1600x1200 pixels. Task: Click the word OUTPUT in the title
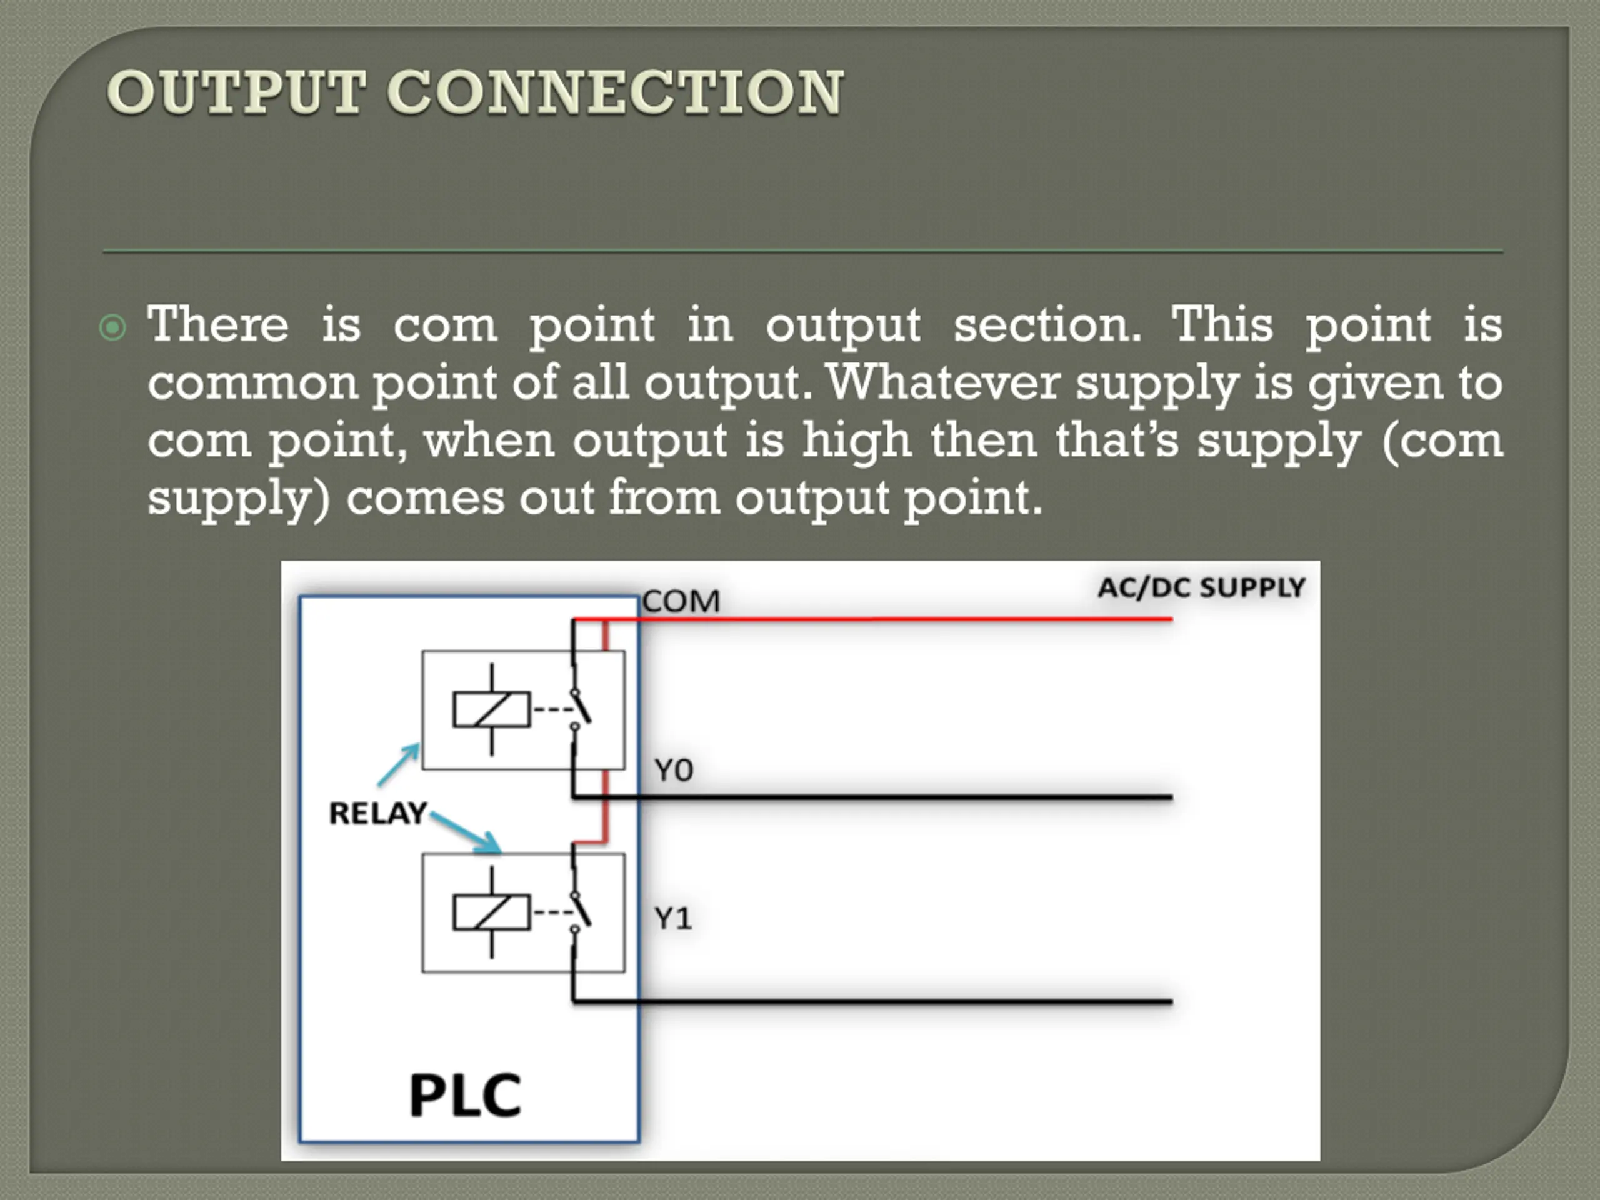tap(236, 92)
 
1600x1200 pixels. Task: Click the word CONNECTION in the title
tap(616, 92)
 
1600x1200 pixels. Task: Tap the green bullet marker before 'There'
tap(112, 327)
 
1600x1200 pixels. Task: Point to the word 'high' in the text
tap(856, 440)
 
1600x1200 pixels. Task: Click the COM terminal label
tap(681, 601)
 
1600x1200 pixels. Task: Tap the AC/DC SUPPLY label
tap(1201, 587)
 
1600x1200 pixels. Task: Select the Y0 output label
tap(673, 771)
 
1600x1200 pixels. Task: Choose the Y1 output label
tap(672, 919)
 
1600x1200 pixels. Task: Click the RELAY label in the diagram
tap(377, 813)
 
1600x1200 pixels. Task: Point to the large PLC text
tap(465, 1095)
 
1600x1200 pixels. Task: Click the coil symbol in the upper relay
tap(492, 709)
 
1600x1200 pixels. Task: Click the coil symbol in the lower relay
tap(492, 912)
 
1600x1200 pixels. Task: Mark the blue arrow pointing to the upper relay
tap(399, 764)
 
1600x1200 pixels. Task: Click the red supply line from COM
tap(904, 619)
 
